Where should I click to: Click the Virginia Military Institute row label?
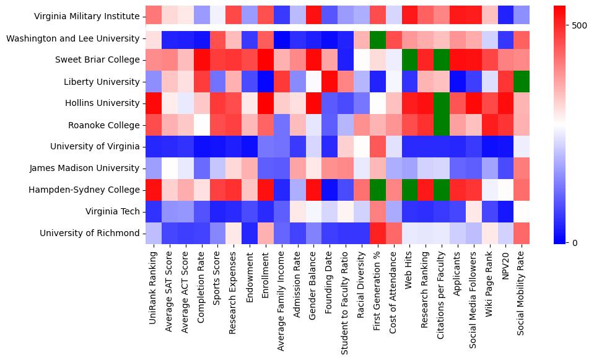87,17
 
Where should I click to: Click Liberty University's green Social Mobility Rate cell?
522,81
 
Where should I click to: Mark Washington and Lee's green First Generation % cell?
377,38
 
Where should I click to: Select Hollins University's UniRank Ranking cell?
152,103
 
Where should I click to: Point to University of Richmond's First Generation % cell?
377,233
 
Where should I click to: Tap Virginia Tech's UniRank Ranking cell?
152,211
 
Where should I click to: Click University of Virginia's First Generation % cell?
377,146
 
